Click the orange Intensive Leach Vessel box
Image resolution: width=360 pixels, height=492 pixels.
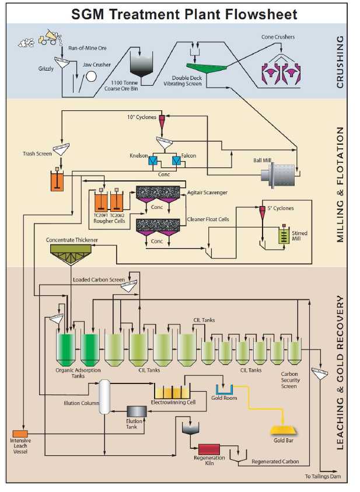(x=20, y=434)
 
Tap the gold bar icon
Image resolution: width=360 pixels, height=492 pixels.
(x=282, y=431)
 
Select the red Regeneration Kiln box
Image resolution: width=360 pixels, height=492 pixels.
(x=209, y=449)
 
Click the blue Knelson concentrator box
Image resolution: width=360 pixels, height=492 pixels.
(x=153, y=160)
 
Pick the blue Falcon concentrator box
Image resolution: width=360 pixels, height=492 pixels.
(x=177, y=160)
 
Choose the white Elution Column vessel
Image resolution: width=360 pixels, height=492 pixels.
(x=104, y=397)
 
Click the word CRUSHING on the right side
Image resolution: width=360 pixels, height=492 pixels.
(x=341, y=62)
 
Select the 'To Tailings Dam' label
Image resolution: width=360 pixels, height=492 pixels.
(x=326, y=477)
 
